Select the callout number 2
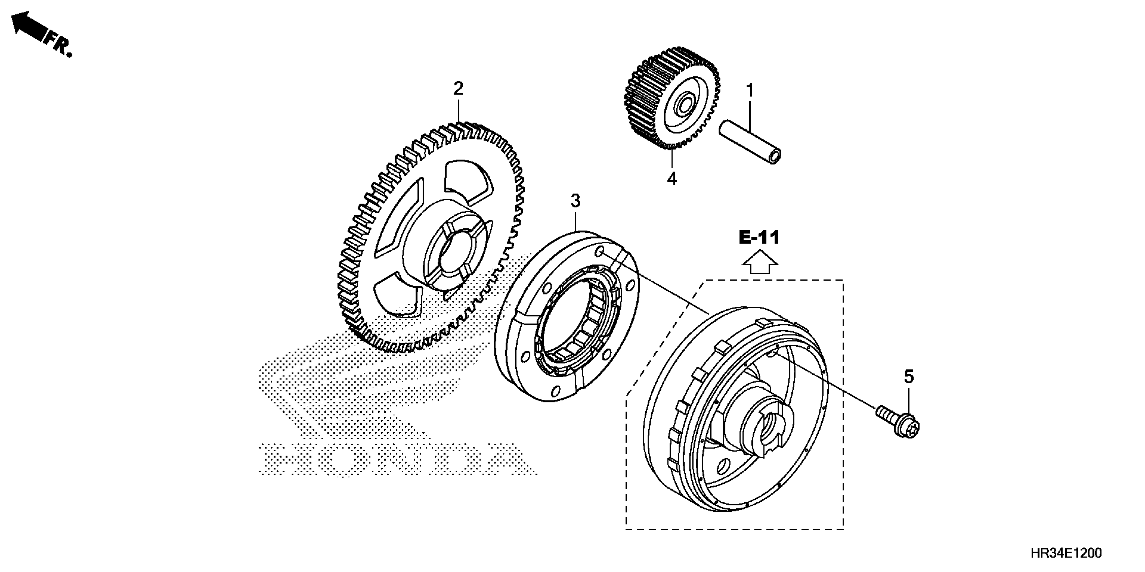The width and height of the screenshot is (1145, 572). (458, 88)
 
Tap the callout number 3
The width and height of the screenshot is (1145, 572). (575, 201)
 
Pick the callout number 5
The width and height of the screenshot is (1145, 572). (909, 377)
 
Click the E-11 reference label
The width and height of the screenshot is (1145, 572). (759, 238)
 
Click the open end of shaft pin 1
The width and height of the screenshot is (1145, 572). (775, 157)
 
